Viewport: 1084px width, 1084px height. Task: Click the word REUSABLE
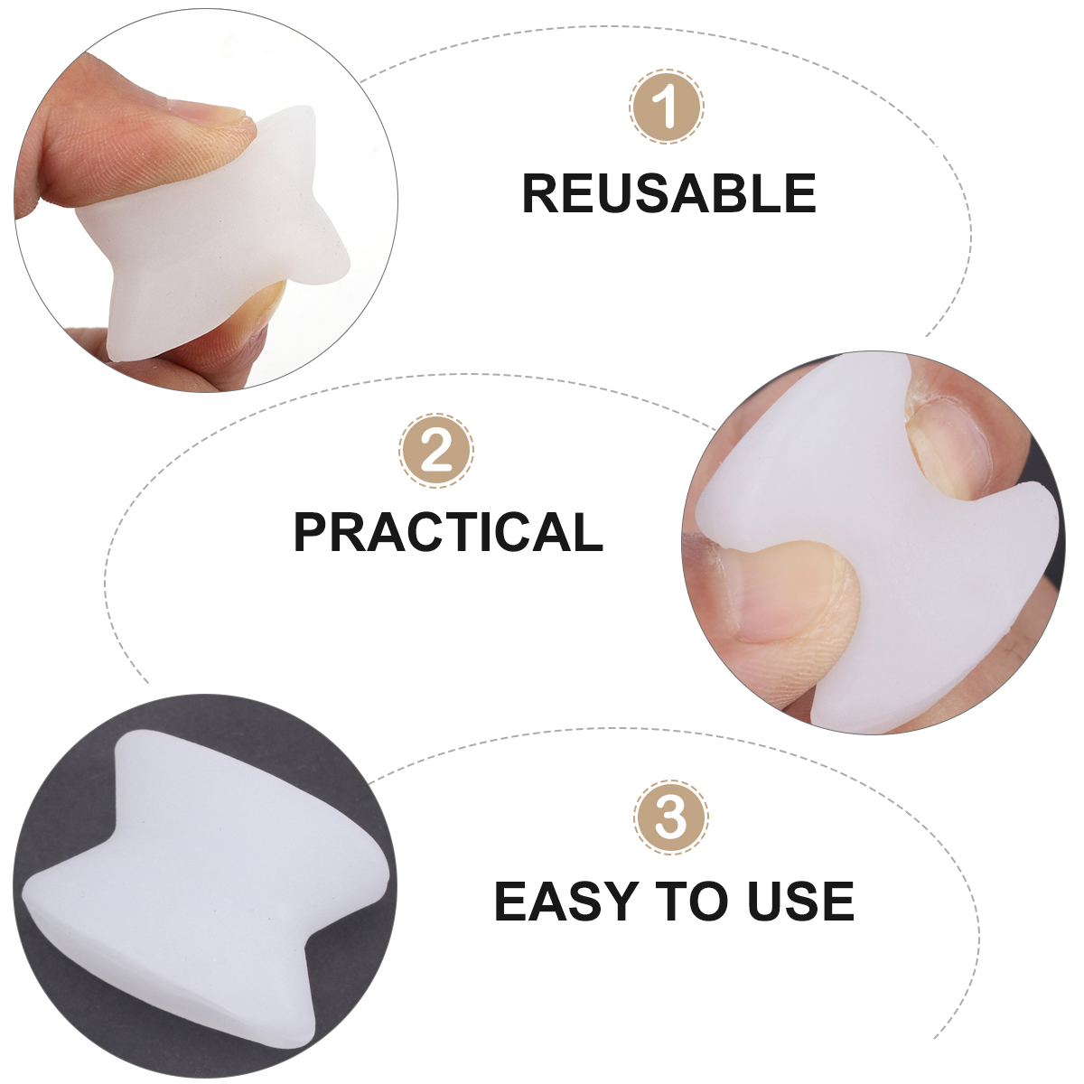click(x=669, y=193)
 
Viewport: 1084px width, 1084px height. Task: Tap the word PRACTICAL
click(x=448, y=532)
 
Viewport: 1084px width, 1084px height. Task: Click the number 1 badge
click(x=667, y=107)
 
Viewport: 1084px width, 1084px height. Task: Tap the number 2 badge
click(x=436, y=451)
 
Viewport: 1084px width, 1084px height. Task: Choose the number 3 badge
click(x=671, y=818)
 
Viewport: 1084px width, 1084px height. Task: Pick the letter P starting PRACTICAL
click(x=313, y=532)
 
